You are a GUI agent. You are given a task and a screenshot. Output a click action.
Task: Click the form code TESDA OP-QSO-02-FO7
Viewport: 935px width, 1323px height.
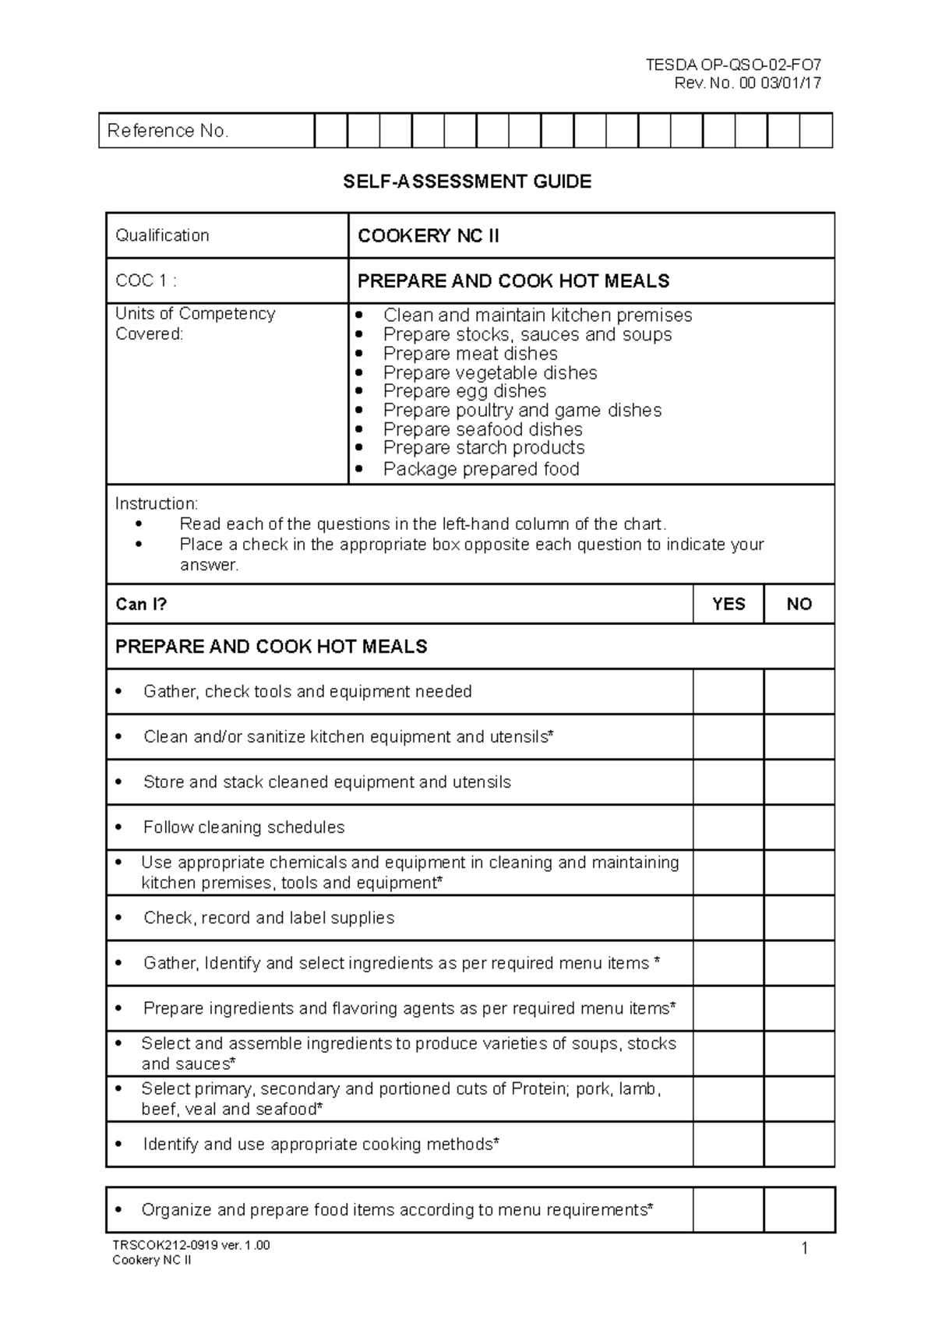coord(733,65)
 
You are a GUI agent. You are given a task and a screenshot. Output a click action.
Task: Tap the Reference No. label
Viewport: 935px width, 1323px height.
coord(168,131)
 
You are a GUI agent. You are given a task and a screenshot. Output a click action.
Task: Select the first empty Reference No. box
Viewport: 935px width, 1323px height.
coord(331,131)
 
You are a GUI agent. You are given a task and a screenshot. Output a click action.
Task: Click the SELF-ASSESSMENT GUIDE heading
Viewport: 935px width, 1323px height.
coord(467,182)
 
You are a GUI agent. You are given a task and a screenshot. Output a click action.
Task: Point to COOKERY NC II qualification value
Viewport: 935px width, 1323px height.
coord(428,236)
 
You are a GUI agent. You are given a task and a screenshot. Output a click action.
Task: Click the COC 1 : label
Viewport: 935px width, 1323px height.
coord(146,280)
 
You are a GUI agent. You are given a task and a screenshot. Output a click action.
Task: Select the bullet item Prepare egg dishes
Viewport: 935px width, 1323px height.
coord(464,391)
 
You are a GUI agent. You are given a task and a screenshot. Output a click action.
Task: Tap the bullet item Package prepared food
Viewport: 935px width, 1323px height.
coord(481,469)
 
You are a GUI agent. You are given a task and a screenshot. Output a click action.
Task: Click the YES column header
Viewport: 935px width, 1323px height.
coord(729,604)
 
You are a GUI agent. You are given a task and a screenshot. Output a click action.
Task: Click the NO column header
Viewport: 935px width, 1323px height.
coord(799,604)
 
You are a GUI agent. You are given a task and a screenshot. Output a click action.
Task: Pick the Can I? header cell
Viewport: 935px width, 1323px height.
coord(141,604)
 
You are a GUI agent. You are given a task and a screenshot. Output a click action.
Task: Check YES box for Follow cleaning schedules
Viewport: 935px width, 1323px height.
coord(728,827)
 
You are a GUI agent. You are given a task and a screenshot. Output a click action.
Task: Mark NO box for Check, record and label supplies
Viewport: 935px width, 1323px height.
coord(799,918)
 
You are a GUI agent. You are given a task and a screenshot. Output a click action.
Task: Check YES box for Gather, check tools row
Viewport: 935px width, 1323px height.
coord(728,691)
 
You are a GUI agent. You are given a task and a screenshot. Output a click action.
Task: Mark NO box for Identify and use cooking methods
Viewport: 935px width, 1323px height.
coord(799,1144)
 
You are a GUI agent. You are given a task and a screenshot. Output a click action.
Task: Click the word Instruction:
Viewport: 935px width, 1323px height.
coord(157,503)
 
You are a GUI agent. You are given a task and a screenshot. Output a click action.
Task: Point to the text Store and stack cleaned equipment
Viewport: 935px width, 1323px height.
coord(327,782)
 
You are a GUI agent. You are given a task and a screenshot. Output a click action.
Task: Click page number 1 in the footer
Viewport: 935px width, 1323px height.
coord(804,1250)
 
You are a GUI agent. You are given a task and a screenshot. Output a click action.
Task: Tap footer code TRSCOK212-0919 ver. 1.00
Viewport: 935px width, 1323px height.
coord(191,1245)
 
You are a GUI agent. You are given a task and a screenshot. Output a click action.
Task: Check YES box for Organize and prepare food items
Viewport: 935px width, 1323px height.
coord(728,1210)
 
